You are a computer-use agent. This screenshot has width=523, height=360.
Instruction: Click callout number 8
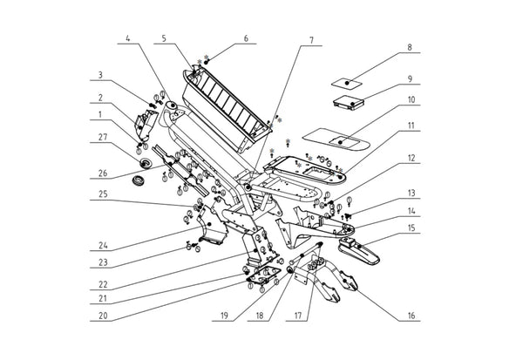(410, 47)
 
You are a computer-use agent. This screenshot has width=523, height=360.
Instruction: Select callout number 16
(411, 316)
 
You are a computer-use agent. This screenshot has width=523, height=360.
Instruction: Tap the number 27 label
(103, 137)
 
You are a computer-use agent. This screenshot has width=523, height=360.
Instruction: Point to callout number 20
(103, 316)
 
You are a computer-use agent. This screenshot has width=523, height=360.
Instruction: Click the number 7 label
(311, 40)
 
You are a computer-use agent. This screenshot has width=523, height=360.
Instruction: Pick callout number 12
(411, 158)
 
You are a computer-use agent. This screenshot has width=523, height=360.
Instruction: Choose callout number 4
(128, 38)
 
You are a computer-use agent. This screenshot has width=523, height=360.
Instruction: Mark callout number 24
(103, 245)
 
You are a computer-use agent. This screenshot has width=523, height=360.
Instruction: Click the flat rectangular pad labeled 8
(347, 83)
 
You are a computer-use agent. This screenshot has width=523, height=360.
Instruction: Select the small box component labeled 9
(348, 103)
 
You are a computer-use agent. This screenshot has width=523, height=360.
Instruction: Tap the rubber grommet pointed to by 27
(146, 163)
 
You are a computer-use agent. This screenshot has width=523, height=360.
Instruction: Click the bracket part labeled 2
(146, 125)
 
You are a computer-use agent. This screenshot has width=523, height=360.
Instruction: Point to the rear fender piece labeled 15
(359, 252)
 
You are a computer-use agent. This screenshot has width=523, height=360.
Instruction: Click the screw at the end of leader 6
(207, 62)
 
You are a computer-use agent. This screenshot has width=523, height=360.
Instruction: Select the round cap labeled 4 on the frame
(173, 105)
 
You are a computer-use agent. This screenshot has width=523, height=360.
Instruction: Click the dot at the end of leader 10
(340, 142)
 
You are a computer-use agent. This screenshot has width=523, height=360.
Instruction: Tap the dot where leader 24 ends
(209, 224)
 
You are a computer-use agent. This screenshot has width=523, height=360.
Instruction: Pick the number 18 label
(260, 316)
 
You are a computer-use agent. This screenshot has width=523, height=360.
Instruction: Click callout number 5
(164, 38)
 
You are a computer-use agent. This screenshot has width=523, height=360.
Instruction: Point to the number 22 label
(103, 284)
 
